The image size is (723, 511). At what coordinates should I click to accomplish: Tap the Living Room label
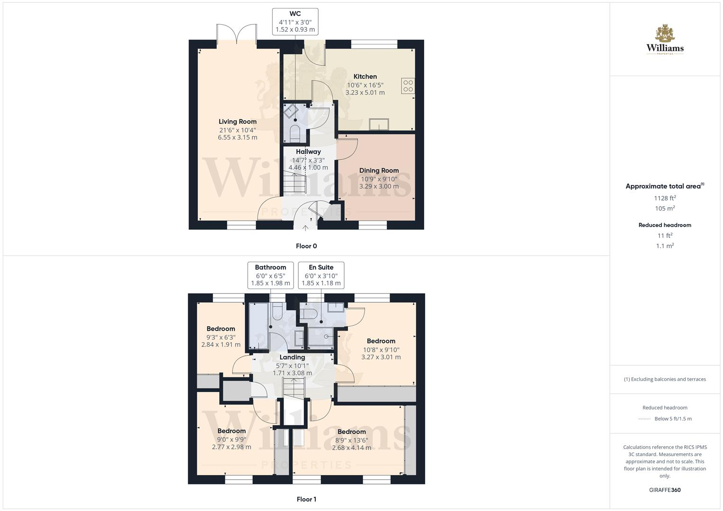(x=237, y=122)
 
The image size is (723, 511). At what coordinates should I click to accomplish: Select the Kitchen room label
(x=365, y=77)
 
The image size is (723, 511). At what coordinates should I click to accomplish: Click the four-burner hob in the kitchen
(x=407, y=86)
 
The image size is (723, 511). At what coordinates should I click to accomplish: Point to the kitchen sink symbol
(x=379, y=124)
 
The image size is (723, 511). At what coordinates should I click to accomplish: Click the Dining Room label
(x=379, y=170)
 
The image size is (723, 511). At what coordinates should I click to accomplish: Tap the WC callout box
(x=295, y=21)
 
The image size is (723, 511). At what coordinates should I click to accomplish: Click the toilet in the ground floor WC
(x=294, y=133)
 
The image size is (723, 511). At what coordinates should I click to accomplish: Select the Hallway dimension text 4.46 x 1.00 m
(x=308, y=167)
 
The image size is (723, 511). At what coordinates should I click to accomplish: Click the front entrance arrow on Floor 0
(x=305, y=228)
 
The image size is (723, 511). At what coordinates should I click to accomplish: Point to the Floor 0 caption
(x=306, y=246)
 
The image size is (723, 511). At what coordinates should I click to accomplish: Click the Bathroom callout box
(x=270, y=275)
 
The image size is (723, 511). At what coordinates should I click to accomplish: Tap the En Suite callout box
(x=321, y=275)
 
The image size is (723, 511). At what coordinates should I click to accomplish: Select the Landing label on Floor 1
(x=292, y=357)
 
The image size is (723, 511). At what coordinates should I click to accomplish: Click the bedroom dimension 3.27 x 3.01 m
(x=381, y=357)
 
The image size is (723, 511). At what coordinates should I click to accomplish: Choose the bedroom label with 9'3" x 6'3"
(x=221, y=329)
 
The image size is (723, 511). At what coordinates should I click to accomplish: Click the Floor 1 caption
(x=306, y=499)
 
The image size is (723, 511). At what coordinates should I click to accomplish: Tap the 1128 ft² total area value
(x=665, y=198)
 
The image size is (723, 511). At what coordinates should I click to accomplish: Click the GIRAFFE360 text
(x=665, y=490)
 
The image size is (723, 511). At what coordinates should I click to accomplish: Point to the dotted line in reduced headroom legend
(x=644, y=419)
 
